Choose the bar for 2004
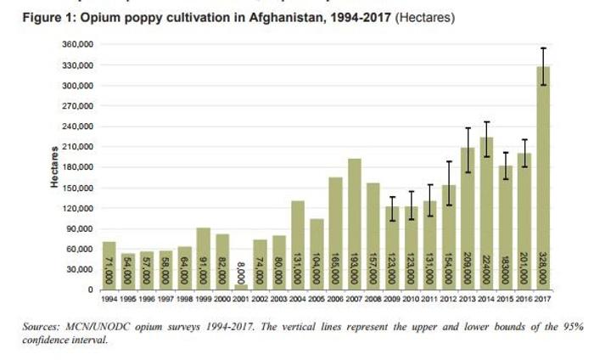coord(298,245)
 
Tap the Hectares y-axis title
coord(53,167)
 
